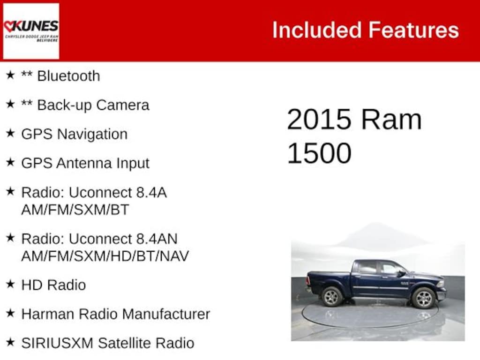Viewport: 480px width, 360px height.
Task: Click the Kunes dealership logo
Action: pyautogui.click(x=31, y=31)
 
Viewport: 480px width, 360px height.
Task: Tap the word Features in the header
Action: pyautogui.click(x=413, y=30)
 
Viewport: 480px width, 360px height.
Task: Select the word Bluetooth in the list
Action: pyautogui.click(x=68, y=76)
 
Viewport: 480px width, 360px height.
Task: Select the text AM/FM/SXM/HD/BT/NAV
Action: pyautogui.click(x=105, y=256)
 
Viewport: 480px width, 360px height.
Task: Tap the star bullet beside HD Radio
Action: pyautogui.click(x=10, y=284)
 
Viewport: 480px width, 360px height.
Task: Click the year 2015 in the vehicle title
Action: pyautogui.click(x=319, y=120)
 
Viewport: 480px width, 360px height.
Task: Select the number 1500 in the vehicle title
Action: pyautogui.click(x=319, y=153)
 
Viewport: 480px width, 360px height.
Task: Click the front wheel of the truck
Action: pyautogui.click(x=423, y=298)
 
